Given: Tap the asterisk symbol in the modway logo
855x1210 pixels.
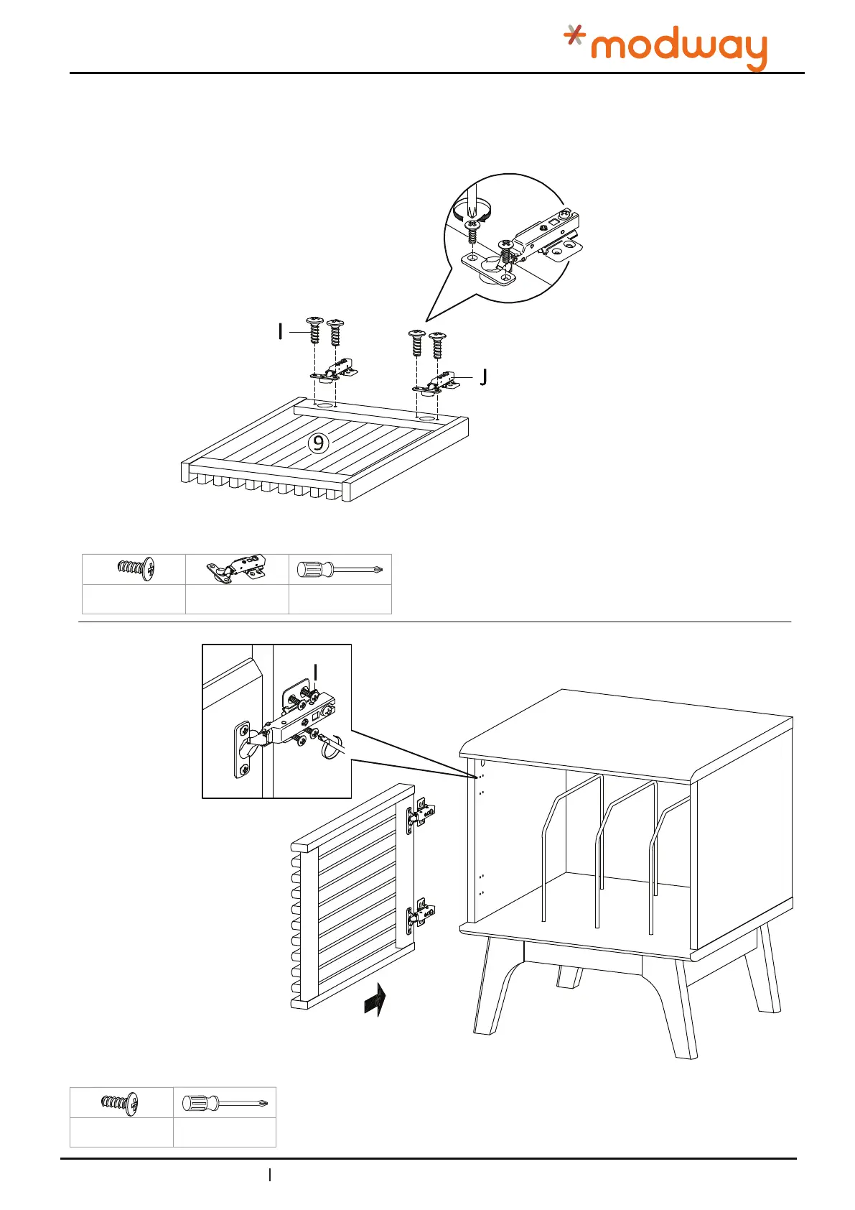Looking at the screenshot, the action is [x=574, y=35].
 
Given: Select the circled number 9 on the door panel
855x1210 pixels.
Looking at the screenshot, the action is [x=319, y=443].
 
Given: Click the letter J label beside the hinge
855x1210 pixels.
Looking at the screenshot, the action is [x=483, y=377].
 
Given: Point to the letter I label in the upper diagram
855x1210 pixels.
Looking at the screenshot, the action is [x=281, y=332].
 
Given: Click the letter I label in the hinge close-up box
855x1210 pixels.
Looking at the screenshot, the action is [x=316, y=673].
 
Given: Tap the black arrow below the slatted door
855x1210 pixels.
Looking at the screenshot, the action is [x=375, y=999].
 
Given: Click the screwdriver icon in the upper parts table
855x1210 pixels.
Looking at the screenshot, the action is [x=340, y=571].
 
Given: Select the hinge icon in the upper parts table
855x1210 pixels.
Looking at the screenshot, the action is [x=236, y=570].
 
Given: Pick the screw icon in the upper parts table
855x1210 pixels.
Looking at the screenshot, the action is [x=135, y=568].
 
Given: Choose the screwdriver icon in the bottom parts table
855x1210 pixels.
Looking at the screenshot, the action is [x=224, y=1103].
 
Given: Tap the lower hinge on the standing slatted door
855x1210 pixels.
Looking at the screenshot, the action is [x=421, y=913].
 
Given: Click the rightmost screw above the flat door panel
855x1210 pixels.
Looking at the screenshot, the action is [x=436, y=345].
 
